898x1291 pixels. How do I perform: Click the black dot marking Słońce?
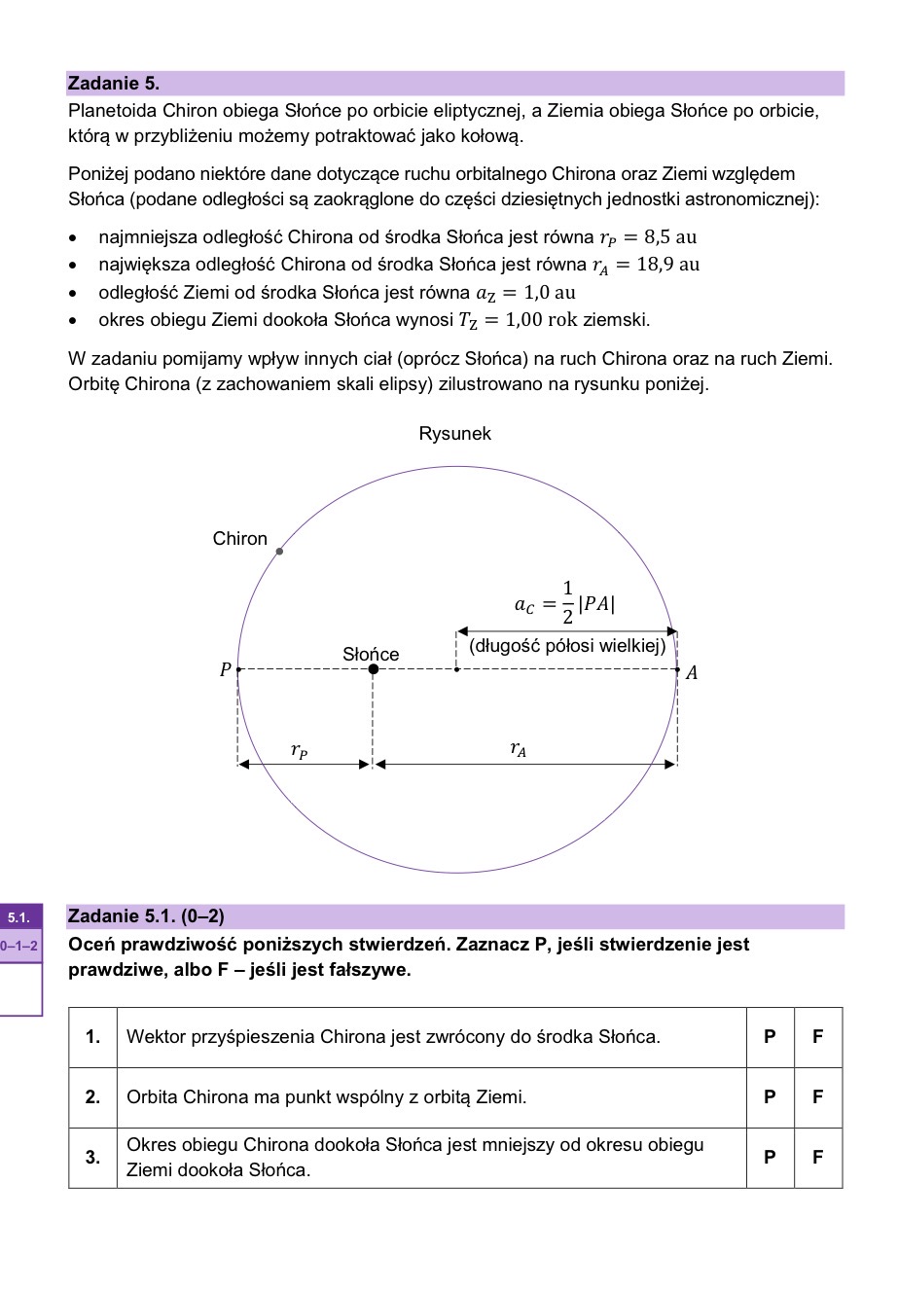(x=374, y=669)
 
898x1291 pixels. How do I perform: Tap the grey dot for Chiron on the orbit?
(x=279, y=552)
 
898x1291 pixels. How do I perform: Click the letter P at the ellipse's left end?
(x=226, y=670)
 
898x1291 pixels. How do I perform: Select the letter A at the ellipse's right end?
(x=692, y=672)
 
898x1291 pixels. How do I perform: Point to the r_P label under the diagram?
(x=300, y=751)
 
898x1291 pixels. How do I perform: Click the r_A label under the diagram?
(x=519, y=749)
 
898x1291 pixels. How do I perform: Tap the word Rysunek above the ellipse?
(x=454, y=434)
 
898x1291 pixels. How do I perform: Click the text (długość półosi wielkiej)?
(x=567, y=646)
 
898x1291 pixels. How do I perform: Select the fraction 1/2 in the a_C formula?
(x=567, y=602)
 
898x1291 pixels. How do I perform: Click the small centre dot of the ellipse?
(x=457, y=669)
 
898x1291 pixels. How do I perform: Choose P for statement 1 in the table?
(x=770, y=1037)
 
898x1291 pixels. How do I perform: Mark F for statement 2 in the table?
(x=817, y=1097)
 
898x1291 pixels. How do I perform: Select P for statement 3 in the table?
(x=770, y=1158)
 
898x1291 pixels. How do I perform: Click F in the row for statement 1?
(x=817, y=1037)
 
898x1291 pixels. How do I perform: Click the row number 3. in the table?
(x=92, y=1158)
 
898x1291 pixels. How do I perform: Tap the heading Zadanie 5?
(x=114, y=84)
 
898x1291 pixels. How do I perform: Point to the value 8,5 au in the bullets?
(x=670, y=237)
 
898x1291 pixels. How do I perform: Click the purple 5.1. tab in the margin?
(x=20, y=917)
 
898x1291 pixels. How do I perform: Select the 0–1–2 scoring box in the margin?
(x=20, y=946)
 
